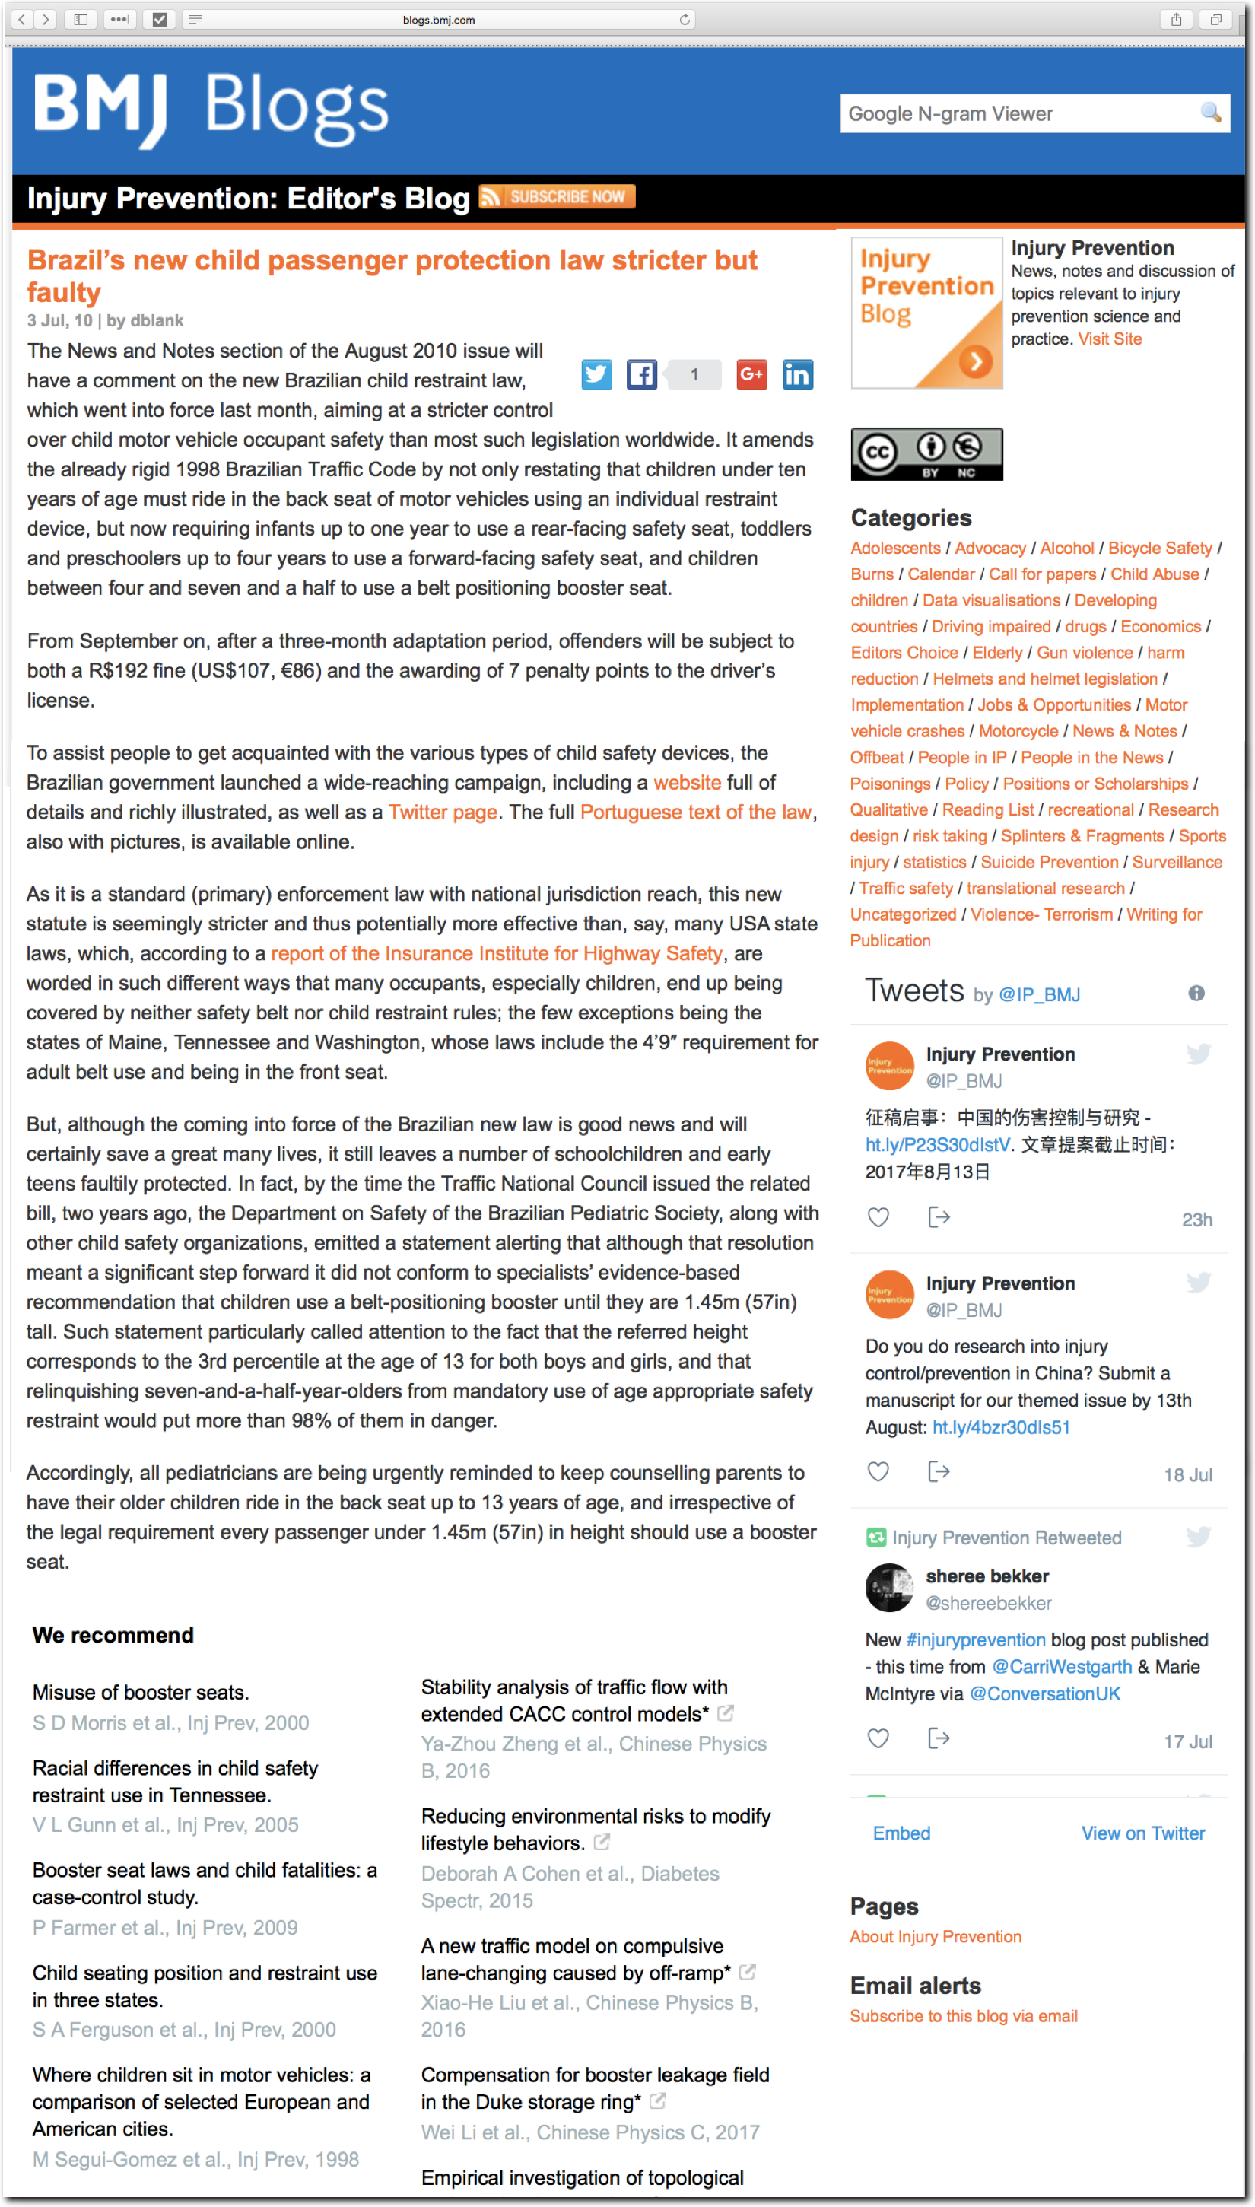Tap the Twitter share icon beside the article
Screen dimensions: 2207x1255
click(x=596, y=374)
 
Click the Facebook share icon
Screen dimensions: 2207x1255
click(x=641, y=374)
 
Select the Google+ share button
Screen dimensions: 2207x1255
click(x=751, y=374)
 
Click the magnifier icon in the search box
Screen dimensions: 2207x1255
click(x=1210, y=113)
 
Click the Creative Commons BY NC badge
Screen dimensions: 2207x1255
click(x=926, y=453)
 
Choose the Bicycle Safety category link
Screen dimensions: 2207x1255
click(x=1159, y=549)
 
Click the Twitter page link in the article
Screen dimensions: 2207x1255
click(x=443, y=812)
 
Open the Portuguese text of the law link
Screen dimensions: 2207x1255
click(x=696, y=812)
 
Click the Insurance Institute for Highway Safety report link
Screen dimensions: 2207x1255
click(x=497, y=953)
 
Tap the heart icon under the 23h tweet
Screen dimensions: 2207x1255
click(x=878, y=1217)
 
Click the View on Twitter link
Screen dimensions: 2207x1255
click(x=1142, y=1833)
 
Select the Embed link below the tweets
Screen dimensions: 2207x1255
click(x=901, y=1833)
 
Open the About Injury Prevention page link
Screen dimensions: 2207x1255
click(x=936, y=1936)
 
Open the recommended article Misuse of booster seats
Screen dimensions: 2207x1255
click(x=141, y=1692)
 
